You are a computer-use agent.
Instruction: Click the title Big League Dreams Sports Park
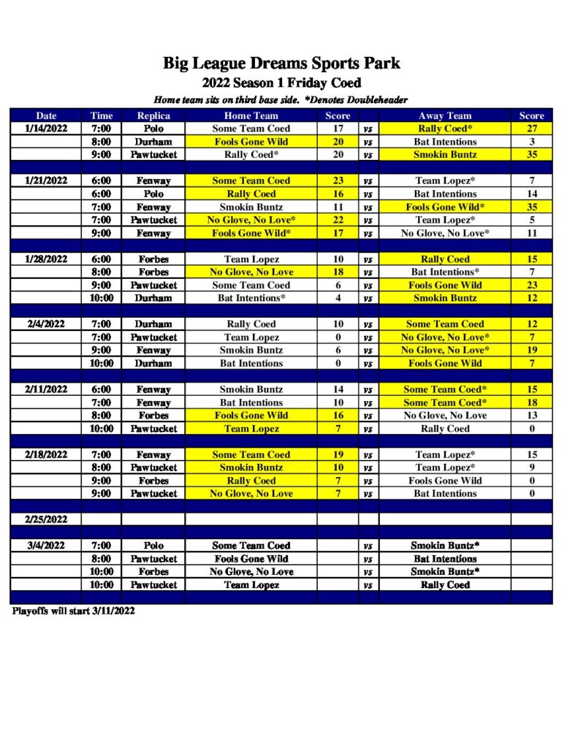pos(281,64)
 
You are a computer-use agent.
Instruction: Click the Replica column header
pos(153,115)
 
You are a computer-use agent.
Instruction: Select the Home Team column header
pos(251,115)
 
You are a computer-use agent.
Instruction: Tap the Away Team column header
pos(444,115)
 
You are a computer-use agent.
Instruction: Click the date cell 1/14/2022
pos(45,129)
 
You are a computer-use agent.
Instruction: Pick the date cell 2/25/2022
pos(45,519)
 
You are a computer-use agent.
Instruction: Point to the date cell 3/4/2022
pos(45,546)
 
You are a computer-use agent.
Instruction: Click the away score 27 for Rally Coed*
pos(531,129)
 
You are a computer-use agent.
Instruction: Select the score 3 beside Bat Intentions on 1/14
pos(531,142)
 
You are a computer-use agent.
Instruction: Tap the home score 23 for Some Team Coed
pos(338,180)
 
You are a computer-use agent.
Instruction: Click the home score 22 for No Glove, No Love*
pos(338,220)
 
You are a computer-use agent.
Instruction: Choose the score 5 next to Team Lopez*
pos(531,220)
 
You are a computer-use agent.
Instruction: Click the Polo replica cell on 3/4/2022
pos(153,546)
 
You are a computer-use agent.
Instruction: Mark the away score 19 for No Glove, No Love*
pos(531,350)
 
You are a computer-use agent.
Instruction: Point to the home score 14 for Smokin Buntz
pos(338,389)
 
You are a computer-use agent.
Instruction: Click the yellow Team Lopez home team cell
pos(251,429)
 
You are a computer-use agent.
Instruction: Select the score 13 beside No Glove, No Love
pos(531,416)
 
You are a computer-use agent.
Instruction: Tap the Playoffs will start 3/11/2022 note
pos(73,611)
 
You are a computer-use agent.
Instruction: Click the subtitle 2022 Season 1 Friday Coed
pos(281,83)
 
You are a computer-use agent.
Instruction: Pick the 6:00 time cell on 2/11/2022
pos(101,389)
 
